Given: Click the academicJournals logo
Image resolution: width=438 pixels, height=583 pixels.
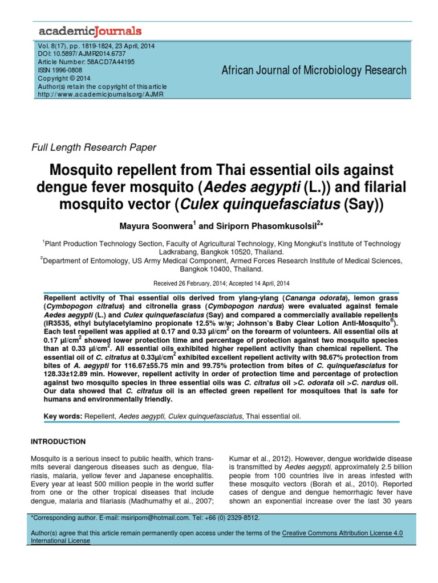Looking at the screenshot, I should click(x=90, y=30).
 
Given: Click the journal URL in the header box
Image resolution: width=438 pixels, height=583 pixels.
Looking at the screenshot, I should click(x=100, y=94).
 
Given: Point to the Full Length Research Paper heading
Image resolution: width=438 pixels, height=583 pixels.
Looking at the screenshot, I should click(x=94, y=147).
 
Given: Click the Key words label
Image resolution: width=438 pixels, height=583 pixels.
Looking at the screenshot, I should click(x=63, y=417).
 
